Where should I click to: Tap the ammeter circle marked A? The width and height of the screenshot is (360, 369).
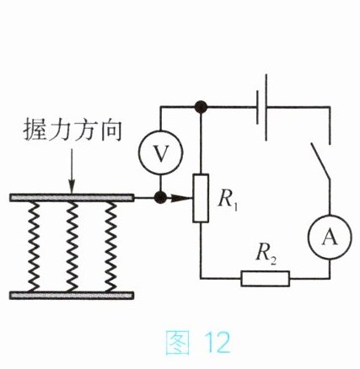pyautogui.click(x=330, y=237)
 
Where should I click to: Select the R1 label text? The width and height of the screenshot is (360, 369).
pyautogui.click(x=228, y=201)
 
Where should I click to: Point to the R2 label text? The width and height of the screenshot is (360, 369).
pyautogui.click(x=266, y=255)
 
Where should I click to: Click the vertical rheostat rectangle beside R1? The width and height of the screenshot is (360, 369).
pyautogui.click(x=201, y=198)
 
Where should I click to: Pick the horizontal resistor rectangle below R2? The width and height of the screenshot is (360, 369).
pyautogui.click(x=266, y=279)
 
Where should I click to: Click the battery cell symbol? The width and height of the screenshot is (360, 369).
pyautogui.click(x=261, y=107)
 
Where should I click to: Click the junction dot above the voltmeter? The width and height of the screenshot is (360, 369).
pyautogui.click(x=201, y=107)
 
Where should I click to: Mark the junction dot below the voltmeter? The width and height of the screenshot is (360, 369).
pyautogui.click(x=160, y=198)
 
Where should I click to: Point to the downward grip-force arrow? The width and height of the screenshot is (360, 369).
pyautogui.click(x=72, y=171)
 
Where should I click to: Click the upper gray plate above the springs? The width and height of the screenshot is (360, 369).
pyautogui.click(x=72, y=198)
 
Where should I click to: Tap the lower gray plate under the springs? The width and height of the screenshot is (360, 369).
pyautogui.click(x=72, y=295)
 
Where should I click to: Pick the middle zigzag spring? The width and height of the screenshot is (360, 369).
pyautogui.click(x=72, y=246)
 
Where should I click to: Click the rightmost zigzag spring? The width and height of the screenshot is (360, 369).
pyautogui.click(x=110, y=246)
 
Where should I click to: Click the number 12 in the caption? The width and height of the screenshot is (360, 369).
pyautogui.click(x=218, y=343)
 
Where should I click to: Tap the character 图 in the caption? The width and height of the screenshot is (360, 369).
pyautogui.click(x=177, y=342)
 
